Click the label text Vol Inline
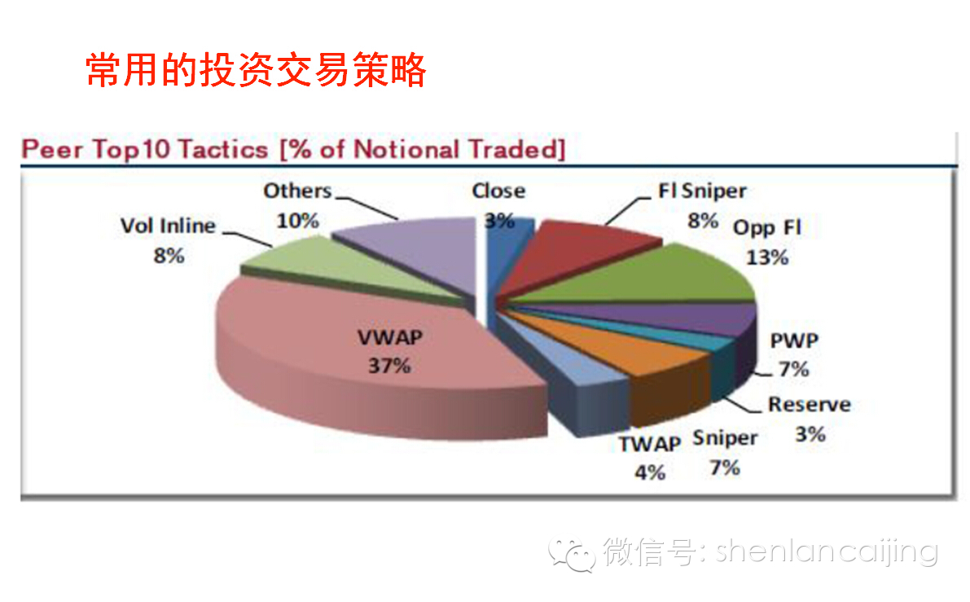[168, 226]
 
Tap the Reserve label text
[810, 405]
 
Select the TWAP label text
[650, 444]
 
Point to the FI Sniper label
[702, 191]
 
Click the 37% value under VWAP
[389, 366]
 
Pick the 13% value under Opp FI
[767, 257]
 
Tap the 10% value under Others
[297, 220]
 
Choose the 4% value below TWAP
[650, 472]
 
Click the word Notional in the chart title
[406, 150]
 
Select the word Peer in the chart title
[52, 150]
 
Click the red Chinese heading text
[256, 69]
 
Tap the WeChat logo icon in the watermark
[572, 554]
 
